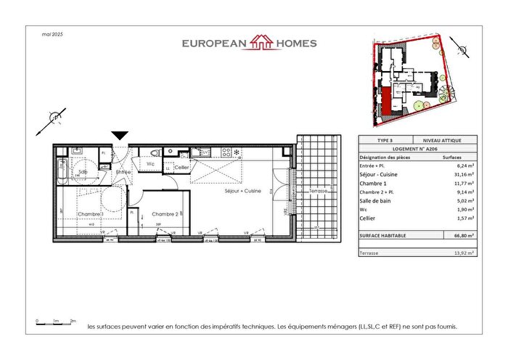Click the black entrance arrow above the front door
[x=120, y=135]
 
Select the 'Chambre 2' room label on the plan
[x=165, y=213]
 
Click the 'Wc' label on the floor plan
[x=149, y=165]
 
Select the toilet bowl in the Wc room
[x=155, y=153]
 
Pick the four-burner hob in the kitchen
[x=226, y=152]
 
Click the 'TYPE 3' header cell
[x=385, y=139]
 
